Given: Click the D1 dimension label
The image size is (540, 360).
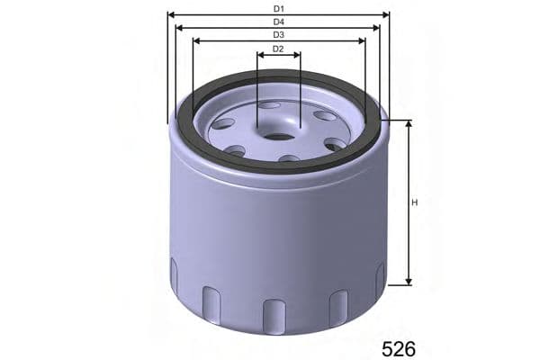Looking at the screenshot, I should [278, 8].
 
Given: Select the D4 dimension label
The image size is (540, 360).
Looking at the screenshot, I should [278, 22].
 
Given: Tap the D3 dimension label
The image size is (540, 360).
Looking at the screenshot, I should [278, 35].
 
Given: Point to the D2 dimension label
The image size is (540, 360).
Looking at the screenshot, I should [278, 49].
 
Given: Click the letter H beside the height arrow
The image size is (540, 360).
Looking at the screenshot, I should [415, 202].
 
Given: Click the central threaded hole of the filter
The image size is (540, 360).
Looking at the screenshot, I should [279, 137].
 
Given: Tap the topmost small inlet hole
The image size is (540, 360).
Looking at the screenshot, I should [269, 105].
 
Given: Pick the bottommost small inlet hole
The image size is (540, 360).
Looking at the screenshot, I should [289, 158].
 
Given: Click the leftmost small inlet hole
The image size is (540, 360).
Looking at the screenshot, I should [223, 123].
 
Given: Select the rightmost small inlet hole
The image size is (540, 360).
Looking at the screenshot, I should [335, 144].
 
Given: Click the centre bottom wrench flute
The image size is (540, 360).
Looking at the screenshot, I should [274, 315].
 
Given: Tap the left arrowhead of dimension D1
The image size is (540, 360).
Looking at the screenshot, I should [172, 15].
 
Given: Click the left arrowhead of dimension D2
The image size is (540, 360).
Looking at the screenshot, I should [261, 56].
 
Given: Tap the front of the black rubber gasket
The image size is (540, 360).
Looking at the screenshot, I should [279, 168].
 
